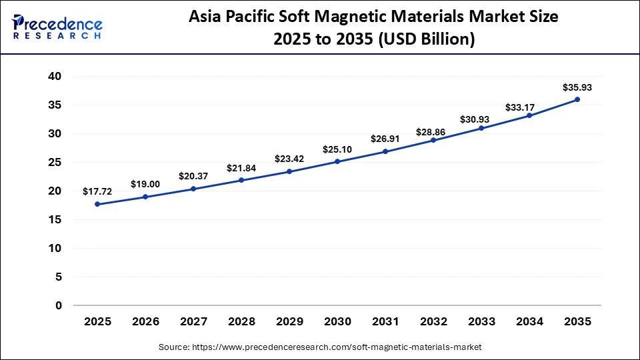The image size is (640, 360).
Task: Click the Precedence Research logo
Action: click(57, 27)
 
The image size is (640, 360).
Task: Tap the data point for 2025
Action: click(98, 204)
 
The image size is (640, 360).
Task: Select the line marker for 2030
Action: click(337, 161)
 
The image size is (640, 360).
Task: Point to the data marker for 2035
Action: click(577, 99)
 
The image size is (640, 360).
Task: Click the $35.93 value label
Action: click(577, 87)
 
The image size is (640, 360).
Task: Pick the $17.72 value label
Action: click(98, 191)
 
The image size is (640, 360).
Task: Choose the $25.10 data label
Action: click(337, 149)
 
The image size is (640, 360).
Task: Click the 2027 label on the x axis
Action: click(193, 321)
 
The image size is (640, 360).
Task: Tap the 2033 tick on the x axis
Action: click(481, 321)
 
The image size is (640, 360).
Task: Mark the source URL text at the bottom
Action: click(320, 347)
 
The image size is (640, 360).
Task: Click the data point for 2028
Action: click(241, 180)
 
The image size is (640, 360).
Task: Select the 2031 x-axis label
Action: click(385, 321)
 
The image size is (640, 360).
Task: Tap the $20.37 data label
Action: click(193, 176)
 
